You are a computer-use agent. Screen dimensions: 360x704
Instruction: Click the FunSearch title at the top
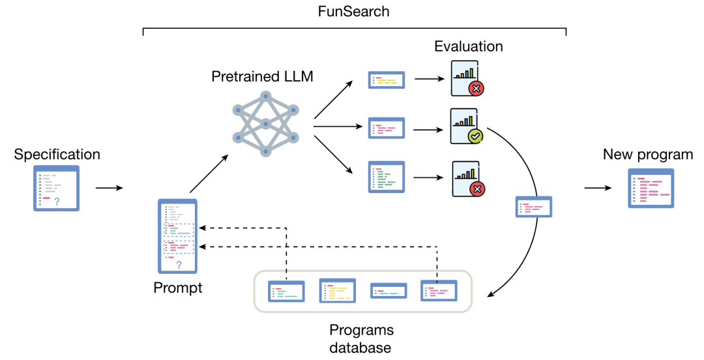click(354, 12)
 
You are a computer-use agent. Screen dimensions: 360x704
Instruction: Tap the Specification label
click(57, 155)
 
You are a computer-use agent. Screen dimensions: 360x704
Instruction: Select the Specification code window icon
click(56, 188)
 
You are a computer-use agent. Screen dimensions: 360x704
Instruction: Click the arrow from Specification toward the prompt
click(109, 188)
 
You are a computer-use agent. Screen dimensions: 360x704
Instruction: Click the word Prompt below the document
click(178, 287)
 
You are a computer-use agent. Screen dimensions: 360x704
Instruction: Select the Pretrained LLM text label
click(262, 76)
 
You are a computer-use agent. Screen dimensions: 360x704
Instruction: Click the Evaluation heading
click(469, 46)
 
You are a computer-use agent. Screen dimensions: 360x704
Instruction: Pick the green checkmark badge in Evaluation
click(476, 136)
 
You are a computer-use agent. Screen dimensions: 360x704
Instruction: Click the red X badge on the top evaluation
click(477, 88)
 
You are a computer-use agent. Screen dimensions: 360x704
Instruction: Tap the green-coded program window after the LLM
click(387, 176)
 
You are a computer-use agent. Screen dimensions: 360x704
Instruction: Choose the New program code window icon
click(651, 188)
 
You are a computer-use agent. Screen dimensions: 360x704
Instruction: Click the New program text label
click(648, 155)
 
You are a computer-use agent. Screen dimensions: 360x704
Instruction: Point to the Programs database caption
click(360, 338)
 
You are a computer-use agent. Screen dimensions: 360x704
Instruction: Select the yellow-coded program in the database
click(337, 290)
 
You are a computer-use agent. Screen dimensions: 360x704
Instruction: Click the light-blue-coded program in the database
click(389, 291)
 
